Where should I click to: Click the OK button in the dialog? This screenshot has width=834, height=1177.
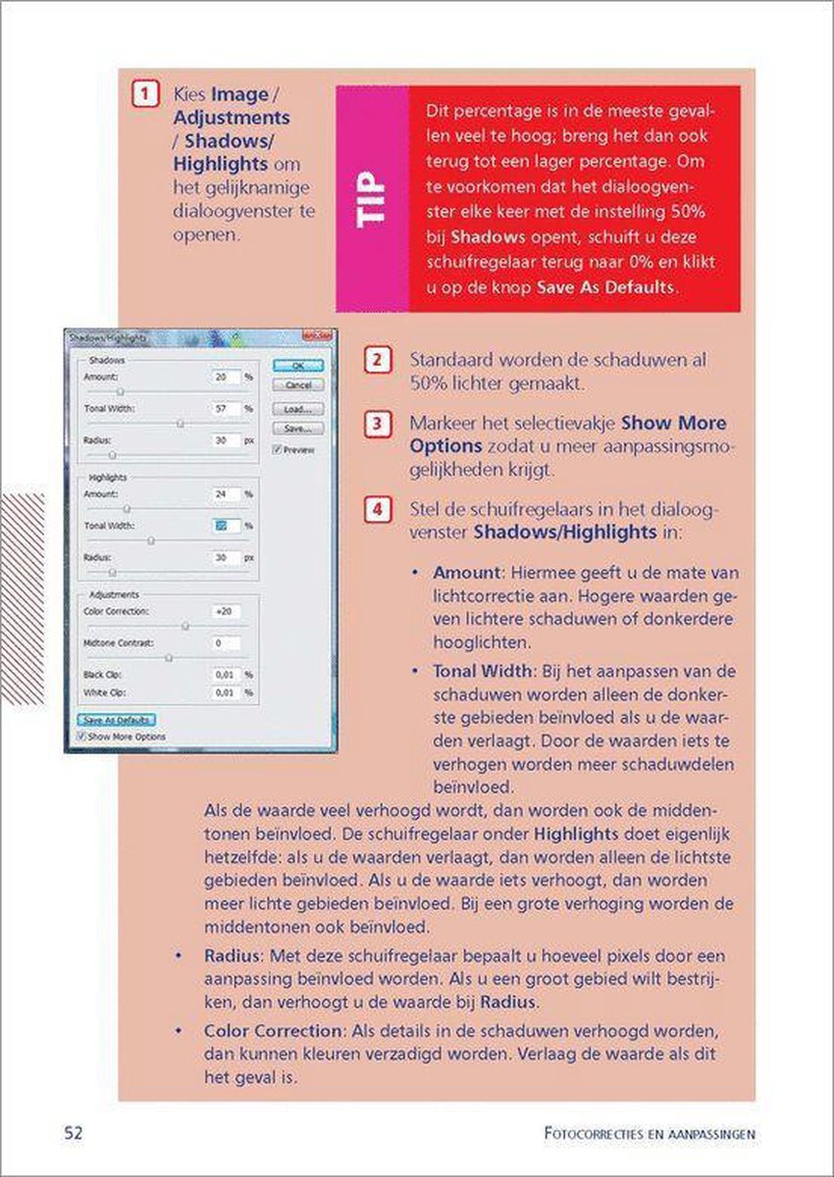[x=297, y=365]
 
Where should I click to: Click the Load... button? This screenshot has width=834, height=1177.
[x=297, y=408]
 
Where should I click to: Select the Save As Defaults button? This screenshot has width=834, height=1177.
[x=116, y=720]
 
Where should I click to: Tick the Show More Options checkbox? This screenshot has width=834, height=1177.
[x=81, y=736]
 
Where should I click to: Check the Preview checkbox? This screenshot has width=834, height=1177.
[x=278, y=449]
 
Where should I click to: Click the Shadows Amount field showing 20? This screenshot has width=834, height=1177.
[x=225, y=377]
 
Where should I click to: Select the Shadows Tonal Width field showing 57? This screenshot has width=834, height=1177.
[x=225, y=408]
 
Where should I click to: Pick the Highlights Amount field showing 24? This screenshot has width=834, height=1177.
[x=225, y=493]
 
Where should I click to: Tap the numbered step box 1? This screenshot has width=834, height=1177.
[x=144, y=95]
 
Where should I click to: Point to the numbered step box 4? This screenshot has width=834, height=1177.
[x=376, y=510]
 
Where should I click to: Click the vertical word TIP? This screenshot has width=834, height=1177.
[x=372, y=199]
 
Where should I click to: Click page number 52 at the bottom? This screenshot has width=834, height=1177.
[x=74, y=1133]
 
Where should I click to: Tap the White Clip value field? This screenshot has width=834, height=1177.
[x=225, y=692]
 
